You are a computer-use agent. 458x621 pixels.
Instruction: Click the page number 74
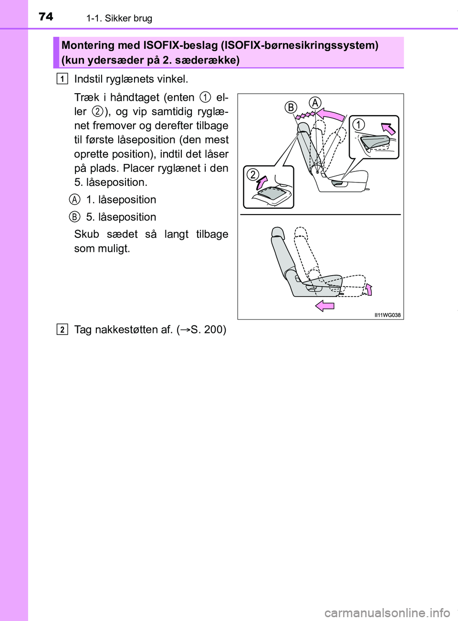tap(46, 17)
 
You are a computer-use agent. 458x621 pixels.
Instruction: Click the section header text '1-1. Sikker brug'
tap(119, 19)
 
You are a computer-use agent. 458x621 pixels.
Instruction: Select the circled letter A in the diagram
tap(315, 103)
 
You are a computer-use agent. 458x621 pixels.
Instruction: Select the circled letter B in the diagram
tap(291, 107)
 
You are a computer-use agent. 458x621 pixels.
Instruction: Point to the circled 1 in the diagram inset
tap(358, 124)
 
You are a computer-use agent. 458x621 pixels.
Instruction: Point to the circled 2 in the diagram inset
tap(253, 175)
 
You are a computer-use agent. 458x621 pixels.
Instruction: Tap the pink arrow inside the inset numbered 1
tap(388, 128)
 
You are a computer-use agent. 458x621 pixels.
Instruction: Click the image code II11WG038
tap(387, 315)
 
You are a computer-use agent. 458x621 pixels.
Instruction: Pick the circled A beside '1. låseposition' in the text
tap(74, 200)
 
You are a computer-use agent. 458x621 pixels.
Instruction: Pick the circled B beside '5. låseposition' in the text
tap(74, 217)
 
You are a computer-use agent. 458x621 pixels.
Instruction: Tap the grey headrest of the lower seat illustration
tap(277, 232)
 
